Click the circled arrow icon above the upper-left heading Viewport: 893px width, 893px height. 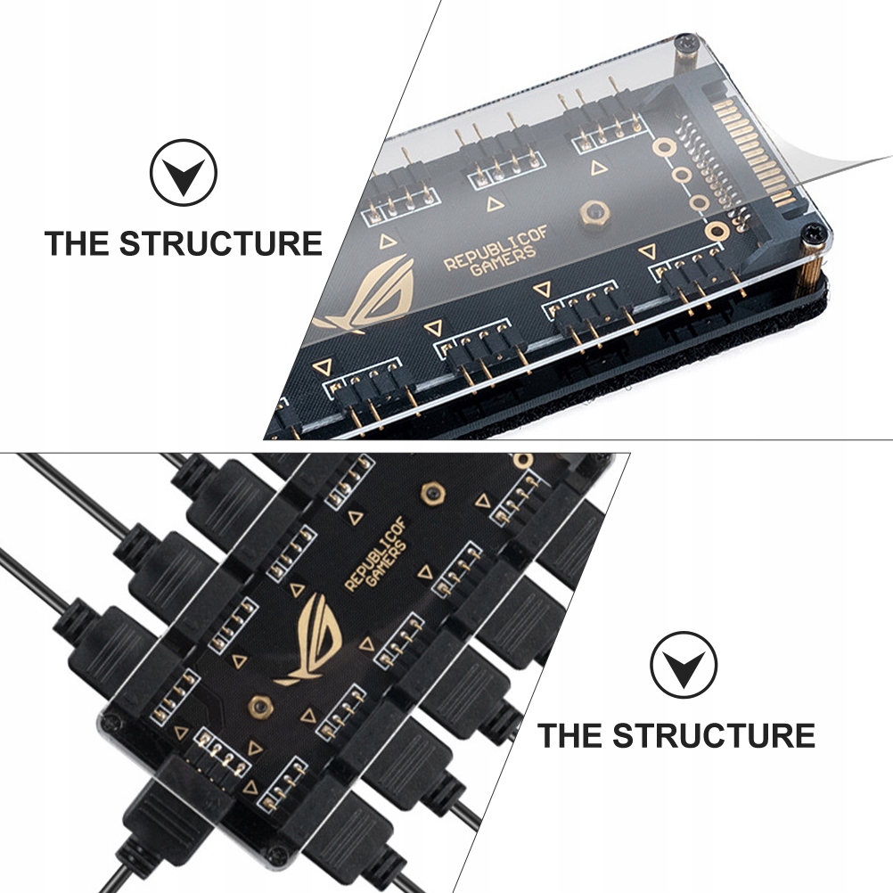coord(183,173)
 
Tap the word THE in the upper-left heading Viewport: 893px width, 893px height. coord(77,243)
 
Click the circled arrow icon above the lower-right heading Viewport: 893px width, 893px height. coord(683,665)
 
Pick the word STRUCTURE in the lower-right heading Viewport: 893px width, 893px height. coord(713,736)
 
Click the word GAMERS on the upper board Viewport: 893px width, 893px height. coord(504,267)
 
